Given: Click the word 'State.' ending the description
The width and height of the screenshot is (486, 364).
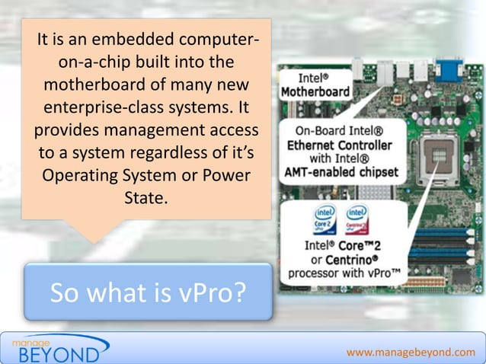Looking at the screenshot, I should click(x=144, y=197).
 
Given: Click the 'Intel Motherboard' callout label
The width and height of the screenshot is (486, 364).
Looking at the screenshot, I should click(x=315, y=85).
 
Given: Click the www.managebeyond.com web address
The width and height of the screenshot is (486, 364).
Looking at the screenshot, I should click(x=410, y=352).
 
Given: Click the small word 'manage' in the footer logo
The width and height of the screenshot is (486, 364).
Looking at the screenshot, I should click(x=29, y=341).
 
